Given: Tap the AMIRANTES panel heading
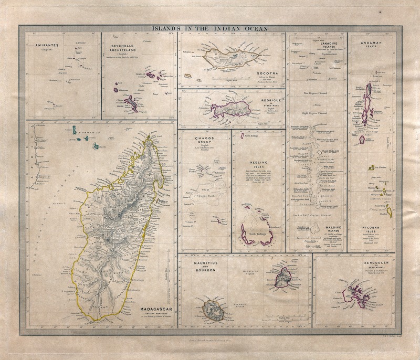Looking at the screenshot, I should point(48,46).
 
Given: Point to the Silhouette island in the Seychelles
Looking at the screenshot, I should point(116,90).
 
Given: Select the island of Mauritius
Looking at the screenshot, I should point(284,275).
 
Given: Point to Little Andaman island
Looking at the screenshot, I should point(362,140).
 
